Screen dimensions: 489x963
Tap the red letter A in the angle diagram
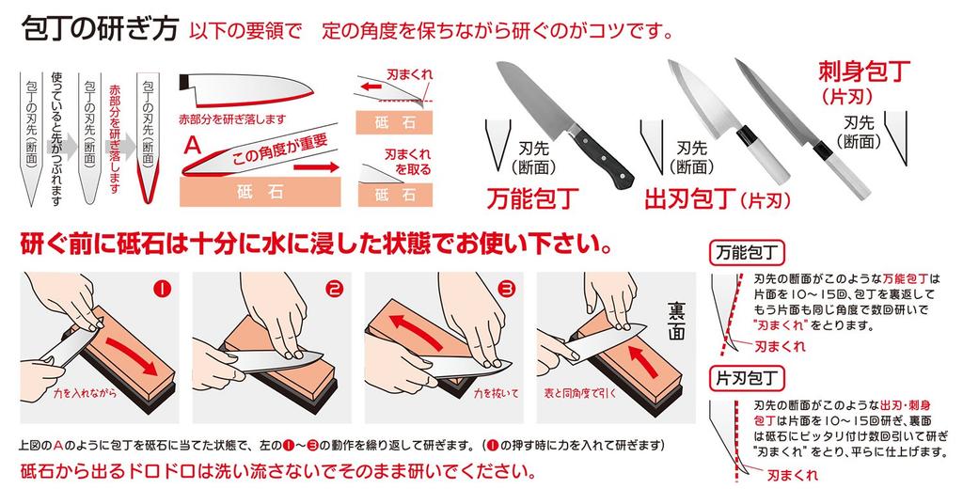click(192, 146)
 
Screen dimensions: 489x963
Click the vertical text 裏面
click(677, 321)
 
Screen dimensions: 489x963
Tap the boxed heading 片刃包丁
click(746, 379)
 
